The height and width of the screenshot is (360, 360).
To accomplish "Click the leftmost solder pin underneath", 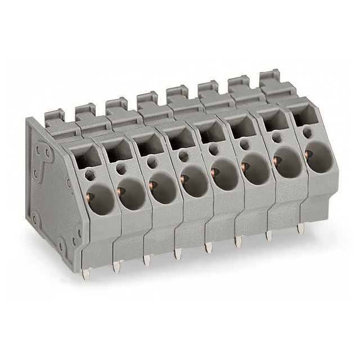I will [x=85, y=274].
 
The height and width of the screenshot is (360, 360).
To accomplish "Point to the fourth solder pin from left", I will [x=178, y=254].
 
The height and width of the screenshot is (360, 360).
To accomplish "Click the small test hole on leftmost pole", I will [x=89, y=174].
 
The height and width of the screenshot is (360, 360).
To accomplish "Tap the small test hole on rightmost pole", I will [x=307, y=132].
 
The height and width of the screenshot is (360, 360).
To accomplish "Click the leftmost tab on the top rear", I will [x=53, y=119].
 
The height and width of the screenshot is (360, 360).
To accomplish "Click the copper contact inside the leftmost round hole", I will [x=89, y=196].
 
